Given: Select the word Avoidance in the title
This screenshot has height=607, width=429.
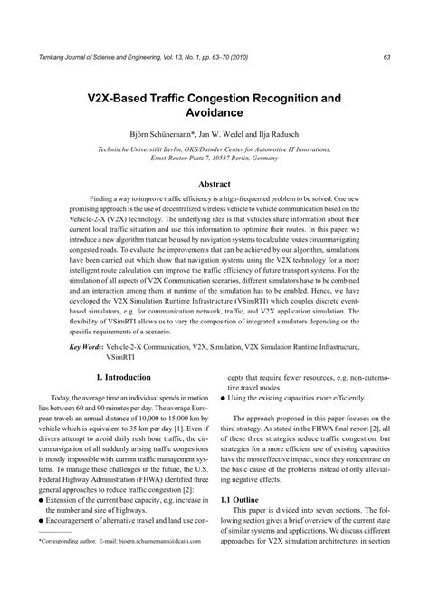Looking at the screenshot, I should pyautogui.click(x=214, y=116).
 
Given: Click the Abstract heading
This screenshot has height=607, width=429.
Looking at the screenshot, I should pyautogui.click(x=214, y=184).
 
